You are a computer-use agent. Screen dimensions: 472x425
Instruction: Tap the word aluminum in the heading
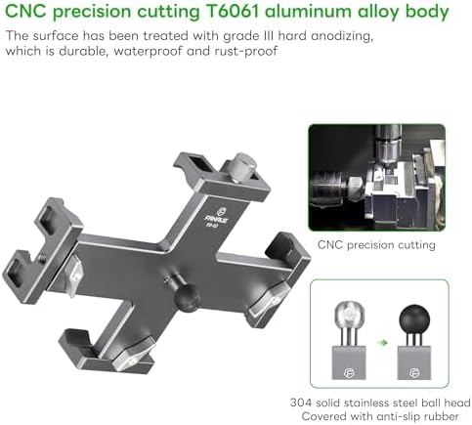[308, 12]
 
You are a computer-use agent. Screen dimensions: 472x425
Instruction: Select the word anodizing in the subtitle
[341, 36]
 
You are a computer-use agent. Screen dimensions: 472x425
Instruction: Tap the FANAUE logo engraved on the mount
[217, 217]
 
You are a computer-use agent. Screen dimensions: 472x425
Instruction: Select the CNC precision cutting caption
[376, 244]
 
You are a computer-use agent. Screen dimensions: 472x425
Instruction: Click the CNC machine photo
[377, 178]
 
